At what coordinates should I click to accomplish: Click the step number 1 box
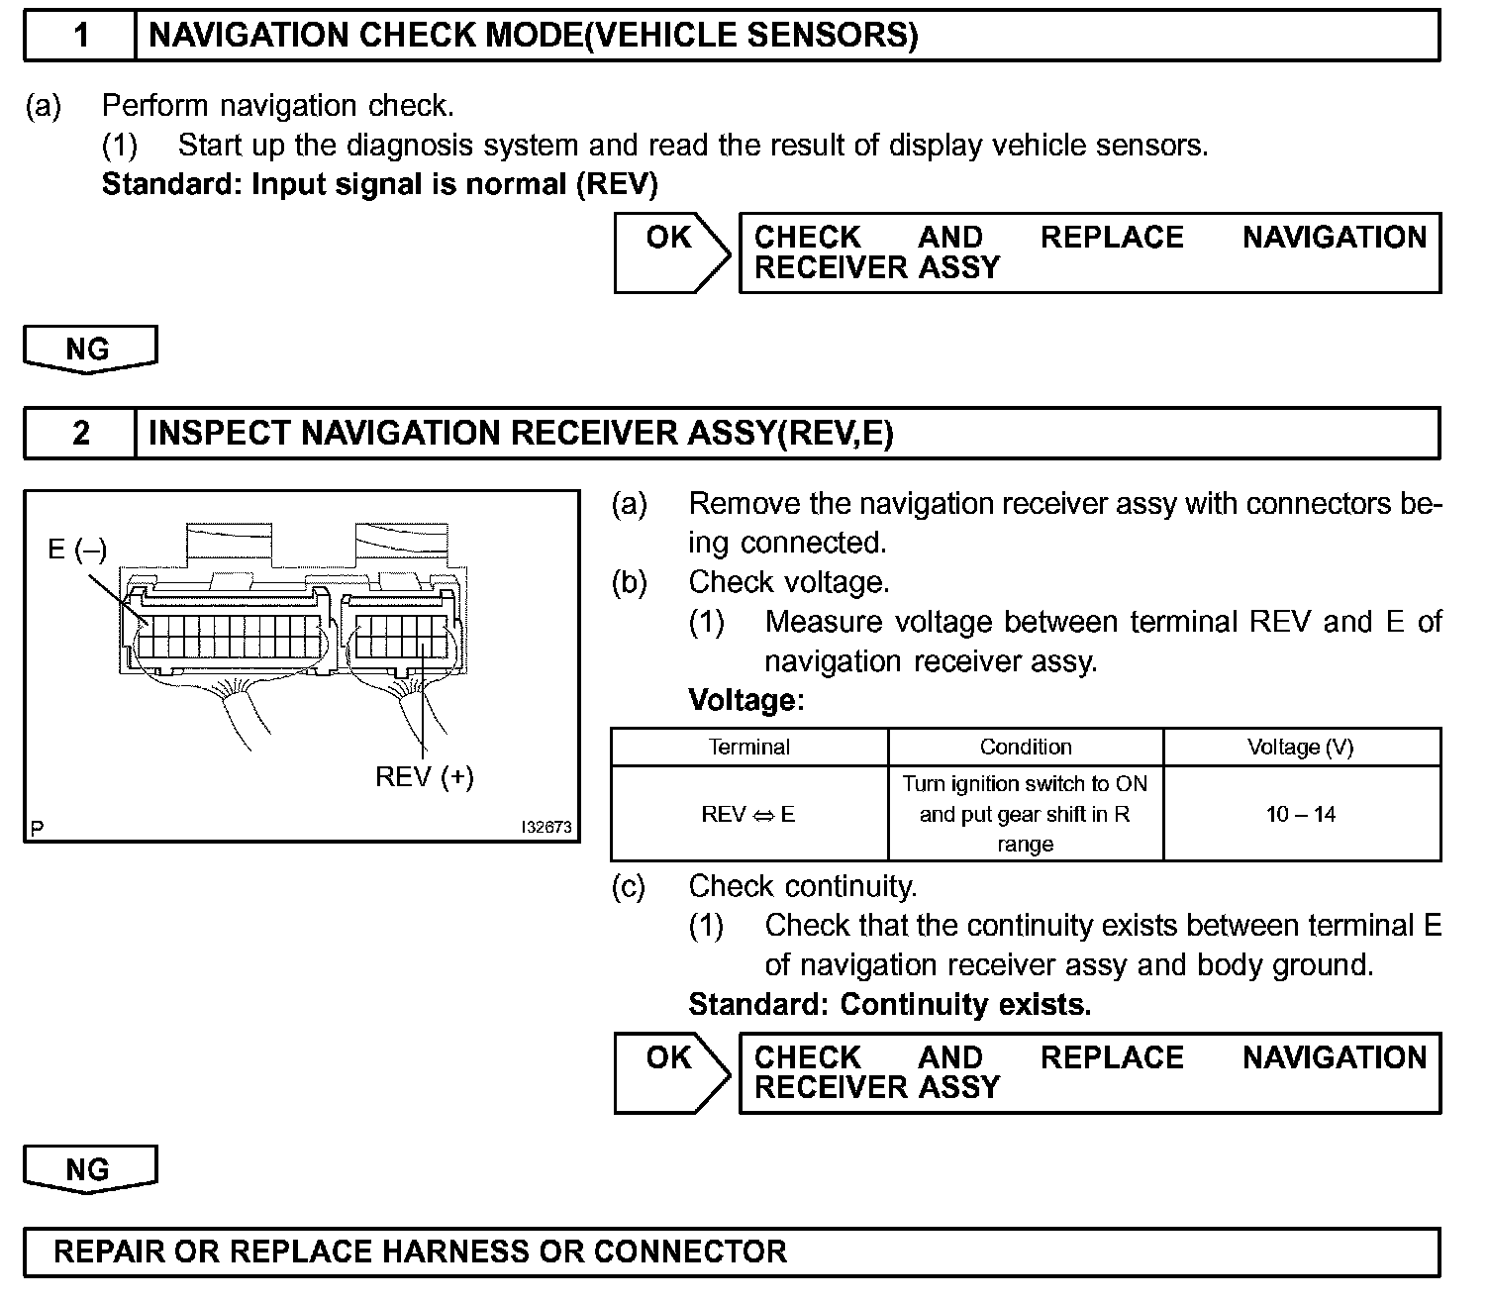[x=80, y=37]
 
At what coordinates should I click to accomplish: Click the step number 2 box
[x=80, y=434]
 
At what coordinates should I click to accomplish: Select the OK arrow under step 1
[x=671, y=252]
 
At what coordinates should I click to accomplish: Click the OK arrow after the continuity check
[x=671, y=1072]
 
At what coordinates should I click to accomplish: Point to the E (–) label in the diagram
[x=76, y=549]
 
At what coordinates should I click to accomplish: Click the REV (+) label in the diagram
[x=424, y=776]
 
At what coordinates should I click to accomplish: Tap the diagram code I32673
[x=546, y=828]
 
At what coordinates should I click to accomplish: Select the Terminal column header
[x=748, y=748]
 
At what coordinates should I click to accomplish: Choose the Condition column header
[x=1026, y=748]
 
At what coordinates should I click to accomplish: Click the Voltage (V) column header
[x=1300, y=748]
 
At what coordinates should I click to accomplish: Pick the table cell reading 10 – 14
[x=1300, y=814]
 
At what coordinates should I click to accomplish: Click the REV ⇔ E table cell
[x=748, y=814]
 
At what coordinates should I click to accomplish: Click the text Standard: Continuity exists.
[x=889, y=1005]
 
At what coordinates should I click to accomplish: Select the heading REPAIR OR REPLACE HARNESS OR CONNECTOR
[x=420, y=1252]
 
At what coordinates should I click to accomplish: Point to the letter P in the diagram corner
[x=37, y=829]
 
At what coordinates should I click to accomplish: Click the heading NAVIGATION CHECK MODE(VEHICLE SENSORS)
[x=533, y=37]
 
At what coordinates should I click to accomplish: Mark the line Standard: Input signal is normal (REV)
[x=379, y=184]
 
